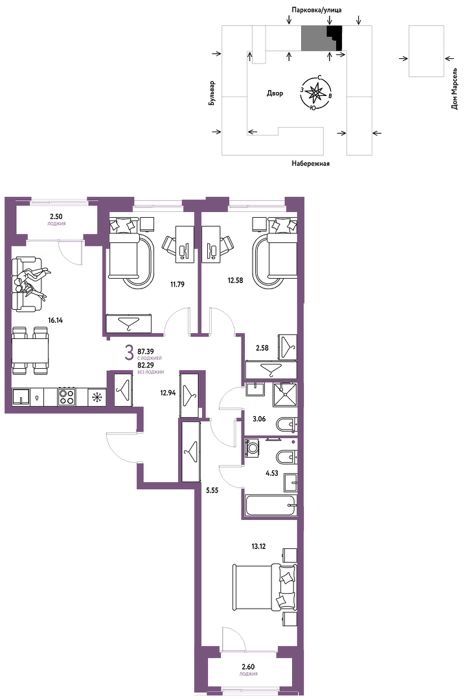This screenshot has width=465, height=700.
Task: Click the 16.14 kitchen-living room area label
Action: click(x=55, y=320)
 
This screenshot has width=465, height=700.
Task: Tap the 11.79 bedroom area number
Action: click(x=177, y=284)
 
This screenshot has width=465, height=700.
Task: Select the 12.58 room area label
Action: click(x=235, y=281)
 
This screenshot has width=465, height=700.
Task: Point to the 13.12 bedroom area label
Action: click(x=258, y=546)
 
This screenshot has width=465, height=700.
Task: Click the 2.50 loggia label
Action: click(x=57, y=217)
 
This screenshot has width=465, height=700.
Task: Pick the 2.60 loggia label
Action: click(x=248, y=666)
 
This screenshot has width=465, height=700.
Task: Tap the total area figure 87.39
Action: click(x=146, y=352)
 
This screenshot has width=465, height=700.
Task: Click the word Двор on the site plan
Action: click(x=275, y=93)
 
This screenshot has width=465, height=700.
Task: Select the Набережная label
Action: click(x=311, y=163)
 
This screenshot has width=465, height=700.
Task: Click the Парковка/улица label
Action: click(x=317, y=9)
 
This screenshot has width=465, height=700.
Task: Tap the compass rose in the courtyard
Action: click(x=316, y=93)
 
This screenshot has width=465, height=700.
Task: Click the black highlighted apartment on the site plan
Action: click(x=335, y=38)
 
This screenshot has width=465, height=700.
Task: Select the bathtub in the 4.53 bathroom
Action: click(x=271, y=506)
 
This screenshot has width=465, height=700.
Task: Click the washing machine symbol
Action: click(x=253, y=448)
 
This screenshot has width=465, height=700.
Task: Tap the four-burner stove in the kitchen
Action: click(x=67, y=397)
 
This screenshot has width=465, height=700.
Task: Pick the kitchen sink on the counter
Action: click(x=21, y=397)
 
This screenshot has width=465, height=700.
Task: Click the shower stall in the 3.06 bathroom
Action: click(x=284, y=393)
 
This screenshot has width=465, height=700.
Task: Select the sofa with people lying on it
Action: click(x=25, y=284)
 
